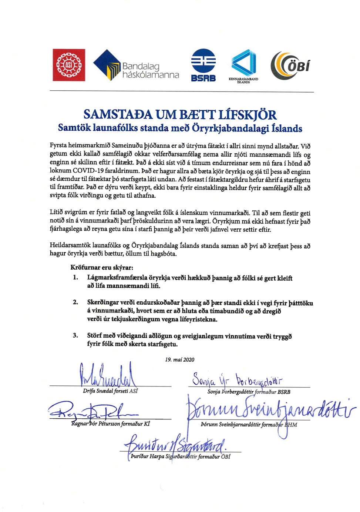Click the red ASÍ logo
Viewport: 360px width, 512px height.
coord(69,65)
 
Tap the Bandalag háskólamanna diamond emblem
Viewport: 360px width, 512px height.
coord(107,65)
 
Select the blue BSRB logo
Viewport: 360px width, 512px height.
coord(203,65)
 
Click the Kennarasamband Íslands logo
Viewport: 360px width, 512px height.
coord(243,65)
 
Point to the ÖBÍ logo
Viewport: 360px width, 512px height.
coord(290,65)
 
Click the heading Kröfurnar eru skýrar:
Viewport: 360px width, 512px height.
coord(102,267)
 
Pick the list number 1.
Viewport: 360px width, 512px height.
coord(75,278)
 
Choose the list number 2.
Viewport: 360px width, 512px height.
coord(75,302)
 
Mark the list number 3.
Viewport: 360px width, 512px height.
coord(75,335)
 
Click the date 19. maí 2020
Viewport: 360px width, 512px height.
coord(179,359)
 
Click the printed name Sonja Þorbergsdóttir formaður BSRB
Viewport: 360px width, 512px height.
coord(249,392)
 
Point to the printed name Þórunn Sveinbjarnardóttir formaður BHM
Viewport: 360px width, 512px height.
coord(249,425)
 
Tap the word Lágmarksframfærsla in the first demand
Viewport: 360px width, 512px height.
coord(117,278)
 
